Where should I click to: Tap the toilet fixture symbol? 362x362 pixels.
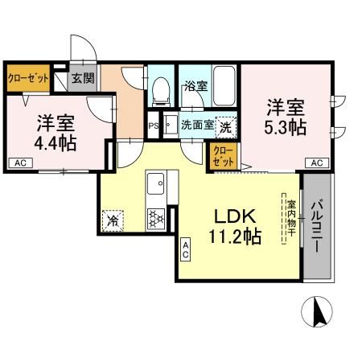point(160,90)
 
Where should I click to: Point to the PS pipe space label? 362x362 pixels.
point(154,125)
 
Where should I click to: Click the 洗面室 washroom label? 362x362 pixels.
point(197,125)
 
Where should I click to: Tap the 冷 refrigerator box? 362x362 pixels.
point(113,218)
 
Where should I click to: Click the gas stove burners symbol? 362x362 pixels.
point(154,217)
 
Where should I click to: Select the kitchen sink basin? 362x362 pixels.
point(154,187)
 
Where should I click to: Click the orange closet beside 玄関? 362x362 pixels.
point(28,79)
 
